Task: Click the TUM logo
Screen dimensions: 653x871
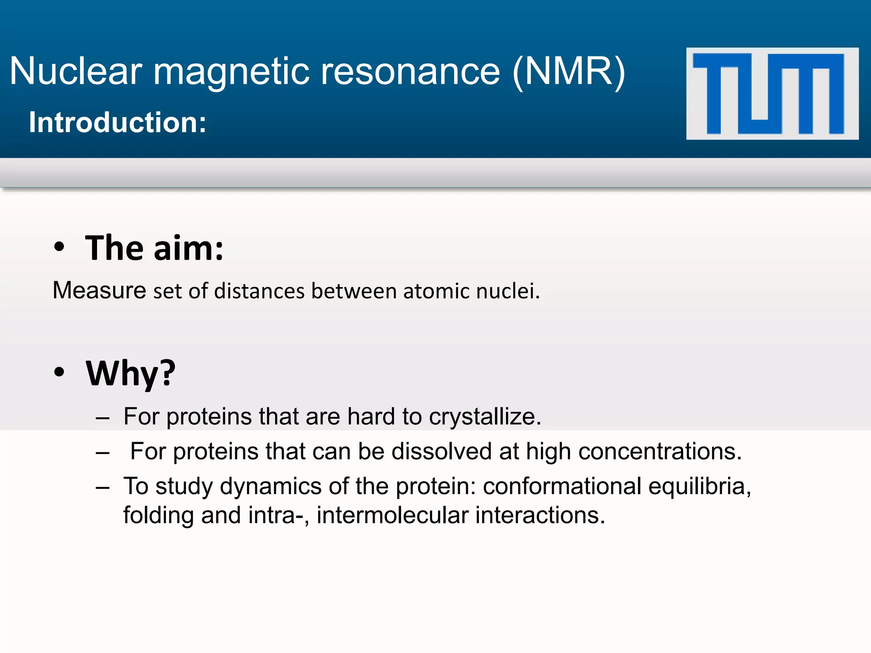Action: click(772, 94)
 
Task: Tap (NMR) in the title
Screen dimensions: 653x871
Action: click(569, 71)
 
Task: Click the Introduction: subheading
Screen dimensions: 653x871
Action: click(117, 122)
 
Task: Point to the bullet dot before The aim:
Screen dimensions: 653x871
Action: click(60, 247)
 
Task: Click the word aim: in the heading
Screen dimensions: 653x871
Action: click(188, 248)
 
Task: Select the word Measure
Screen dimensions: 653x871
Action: click(100, 291)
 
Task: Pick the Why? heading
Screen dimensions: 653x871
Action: click(131, 373)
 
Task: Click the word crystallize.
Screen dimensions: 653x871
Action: click(484, 417)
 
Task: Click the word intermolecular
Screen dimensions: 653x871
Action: click(392, 516)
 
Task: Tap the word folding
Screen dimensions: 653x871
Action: click(158, 516)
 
